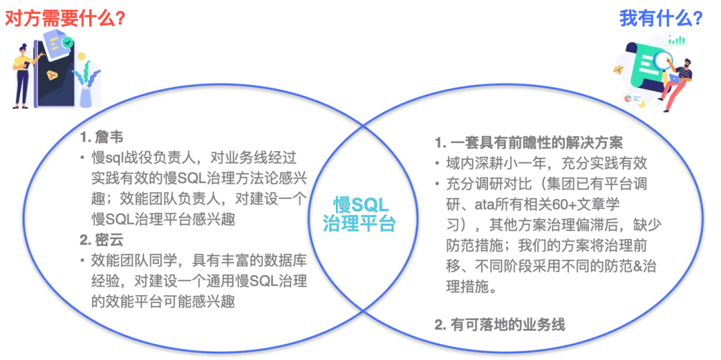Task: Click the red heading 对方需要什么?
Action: point(65,18)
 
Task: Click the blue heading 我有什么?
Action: point(661,17)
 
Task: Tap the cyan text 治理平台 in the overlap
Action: point(358,223)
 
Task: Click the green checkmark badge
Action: point(67,42)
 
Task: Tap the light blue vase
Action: point(85,94)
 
